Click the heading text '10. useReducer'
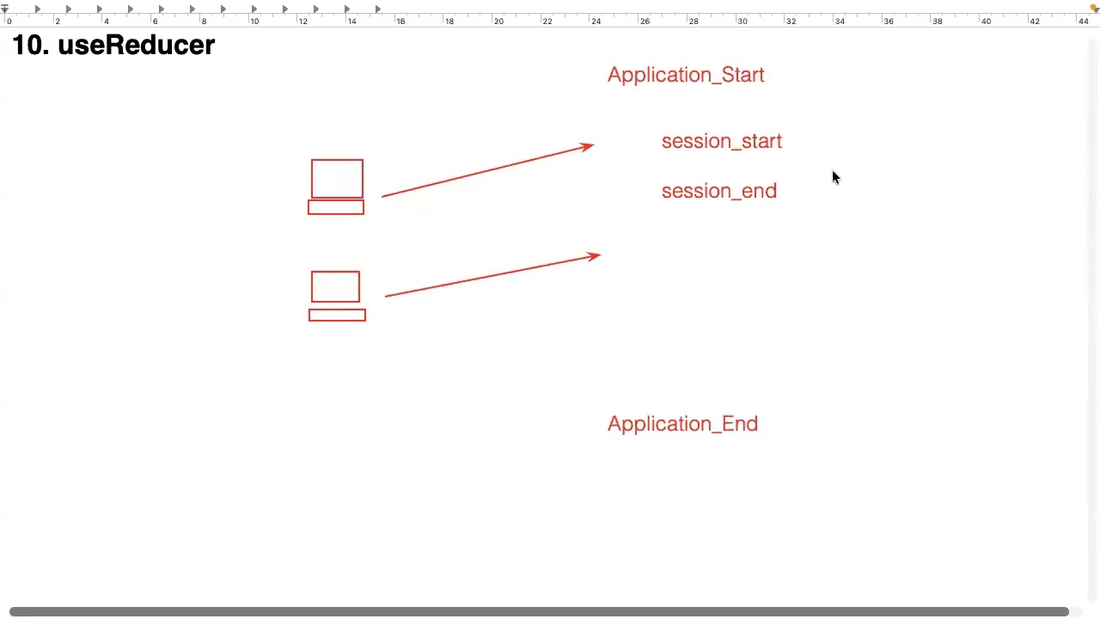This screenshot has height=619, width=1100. click(x=113, y=46)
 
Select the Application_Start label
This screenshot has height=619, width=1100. click(x=686, y=75)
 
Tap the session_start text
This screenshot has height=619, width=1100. click(x=721, y=142)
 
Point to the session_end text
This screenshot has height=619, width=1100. click(x=719, y=191)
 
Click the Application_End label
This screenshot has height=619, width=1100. click(x=682, y=424)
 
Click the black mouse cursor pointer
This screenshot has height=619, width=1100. click(x=836, y=177)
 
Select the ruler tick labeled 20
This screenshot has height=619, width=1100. click(x=498, y=21)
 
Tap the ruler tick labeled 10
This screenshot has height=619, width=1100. click(x=254, y=21)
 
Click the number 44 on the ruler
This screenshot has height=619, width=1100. click(x=1084, y=21)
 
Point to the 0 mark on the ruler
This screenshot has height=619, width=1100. click(x=9, y=21)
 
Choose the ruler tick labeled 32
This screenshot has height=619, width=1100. click(x=791, y=21)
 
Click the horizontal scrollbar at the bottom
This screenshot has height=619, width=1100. click(x=539, y=611)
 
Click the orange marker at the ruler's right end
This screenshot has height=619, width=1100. click(x=1095, y=8)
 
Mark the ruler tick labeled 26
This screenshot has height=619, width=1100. click(x=645, y=21)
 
